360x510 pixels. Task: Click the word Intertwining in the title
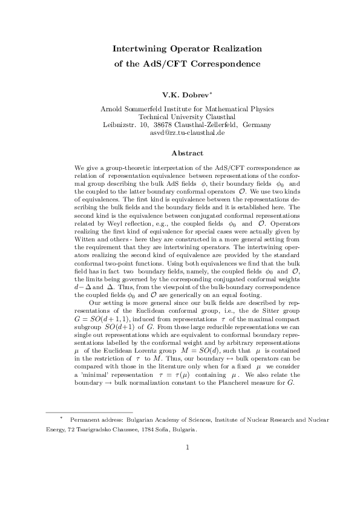[x=142, y=48]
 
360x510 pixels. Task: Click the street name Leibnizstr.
[x=119, y=125]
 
